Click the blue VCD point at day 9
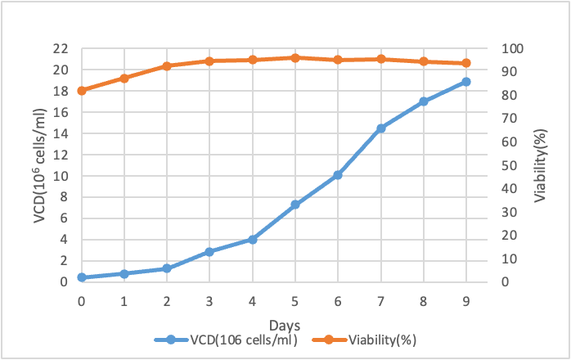(465, 82)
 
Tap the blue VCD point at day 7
(380, 128)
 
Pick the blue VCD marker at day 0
(81, 277)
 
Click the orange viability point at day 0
(81, 90)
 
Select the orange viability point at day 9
(465, 63)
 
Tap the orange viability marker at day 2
(166, 65)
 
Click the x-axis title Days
(273, 325)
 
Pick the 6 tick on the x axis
(337, 301)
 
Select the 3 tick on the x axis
(209, 301)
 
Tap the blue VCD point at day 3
(209, 252)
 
